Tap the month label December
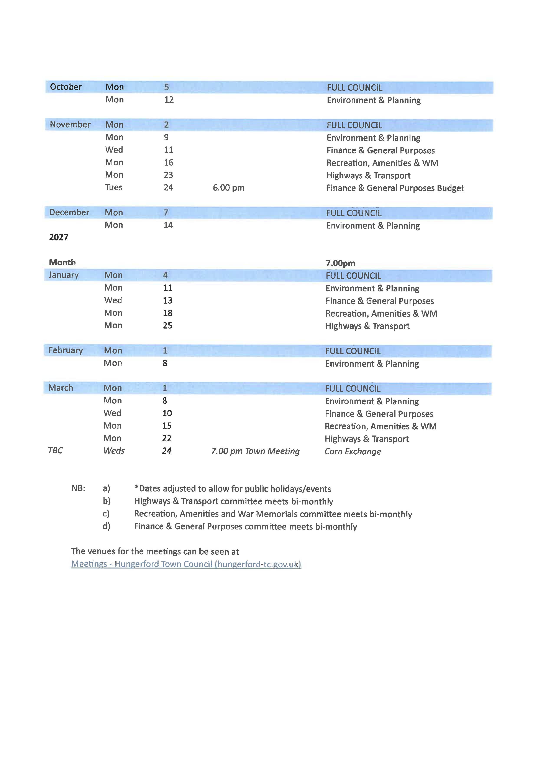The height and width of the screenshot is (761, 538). (69, 212)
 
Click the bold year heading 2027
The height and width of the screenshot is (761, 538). (59, 237)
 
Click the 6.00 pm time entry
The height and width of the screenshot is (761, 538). (229, 188)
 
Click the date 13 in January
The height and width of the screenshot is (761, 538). (168, 301)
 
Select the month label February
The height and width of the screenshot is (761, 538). (66, 350)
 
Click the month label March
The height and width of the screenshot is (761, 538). (61, 388)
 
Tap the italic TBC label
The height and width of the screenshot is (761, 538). (55, 450)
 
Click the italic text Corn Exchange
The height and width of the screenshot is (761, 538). (353, 451)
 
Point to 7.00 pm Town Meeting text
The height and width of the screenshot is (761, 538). (255, 451)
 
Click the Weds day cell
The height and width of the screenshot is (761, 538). (114, 451)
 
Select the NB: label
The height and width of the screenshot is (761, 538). (79, 488)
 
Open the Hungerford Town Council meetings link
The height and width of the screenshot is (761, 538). (186, 564)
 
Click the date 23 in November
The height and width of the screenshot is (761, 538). (168, 175)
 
